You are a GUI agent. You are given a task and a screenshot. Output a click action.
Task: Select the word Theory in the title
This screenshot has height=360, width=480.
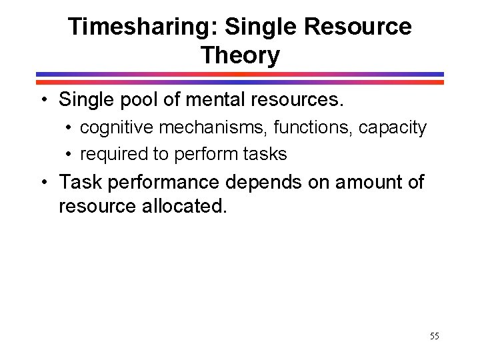pyautogui.click(x=240, y=55)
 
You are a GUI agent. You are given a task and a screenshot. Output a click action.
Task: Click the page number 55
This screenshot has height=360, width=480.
pyautogui.click(x=435, y=336)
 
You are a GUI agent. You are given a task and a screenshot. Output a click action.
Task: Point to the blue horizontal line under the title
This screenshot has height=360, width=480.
pyautogui.click(x=240, y=74)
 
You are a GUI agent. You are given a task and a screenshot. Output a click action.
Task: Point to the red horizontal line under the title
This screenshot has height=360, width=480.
pyautogui.click(x=240, y=82)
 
